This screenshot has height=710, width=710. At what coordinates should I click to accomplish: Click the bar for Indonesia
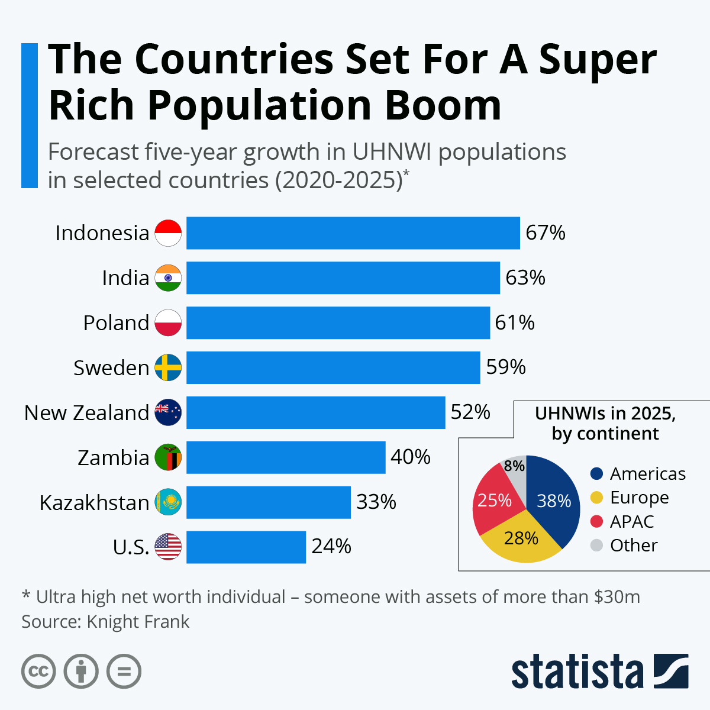pyautogui.click(x=353, y=233)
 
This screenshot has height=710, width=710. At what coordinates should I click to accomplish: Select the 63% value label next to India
pyautogui.click(x=525, y=277)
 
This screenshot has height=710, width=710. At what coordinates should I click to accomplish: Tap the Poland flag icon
pyautogui.click(x=168, y=322)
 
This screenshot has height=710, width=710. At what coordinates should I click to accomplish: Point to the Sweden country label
pyautogui.click(x=111, y=367)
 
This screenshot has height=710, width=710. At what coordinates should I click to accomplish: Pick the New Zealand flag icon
pyautogui.click(x=168, y=412)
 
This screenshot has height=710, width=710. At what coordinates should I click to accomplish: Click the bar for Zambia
pyautogui.click(x=286, y=457)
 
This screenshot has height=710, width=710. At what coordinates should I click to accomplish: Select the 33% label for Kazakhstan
pyautogui.click(x=376, y=502)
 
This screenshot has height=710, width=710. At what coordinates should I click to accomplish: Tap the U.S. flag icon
pyautogui.click(x=168, y=547)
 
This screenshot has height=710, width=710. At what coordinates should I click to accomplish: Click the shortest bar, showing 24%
pyautogui.click(x=246, y=547)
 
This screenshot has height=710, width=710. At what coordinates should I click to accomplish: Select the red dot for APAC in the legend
pyautogui.click(x=597, y=521)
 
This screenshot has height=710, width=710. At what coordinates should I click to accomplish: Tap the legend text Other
pyautogui.click(x=634, y=545)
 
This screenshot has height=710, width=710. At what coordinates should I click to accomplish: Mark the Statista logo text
pyautogui.click(x=577, y=672)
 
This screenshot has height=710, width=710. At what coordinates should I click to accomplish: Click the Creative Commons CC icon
pyautogui.click(x=38, y=672)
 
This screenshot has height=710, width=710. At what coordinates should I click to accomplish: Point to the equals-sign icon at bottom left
pyautogui.click(x=124, y=672)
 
